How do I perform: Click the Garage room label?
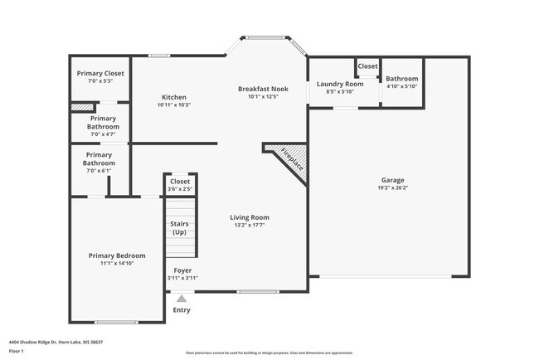point(392,180)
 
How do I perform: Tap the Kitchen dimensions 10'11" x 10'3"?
point(174,105)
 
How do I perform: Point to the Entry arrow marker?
point(182,299)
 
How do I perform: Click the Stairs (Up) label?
point(179,228)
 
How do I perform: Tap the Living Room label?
point(250,217)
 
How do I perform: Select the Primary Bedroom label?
point(117,255)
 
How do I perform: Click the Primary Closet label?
point(100,73)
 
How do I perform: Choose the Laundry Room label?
point(340,84)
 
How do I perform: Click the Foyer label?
point(182,270)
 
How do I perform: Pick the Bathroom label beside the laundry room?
point(402,79)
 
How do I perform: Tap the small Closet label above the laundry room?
point(367,66)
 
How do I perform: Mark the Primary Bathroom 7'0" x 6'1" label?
point(99,158)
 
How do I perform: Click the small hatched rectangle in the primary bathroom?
point(80,107)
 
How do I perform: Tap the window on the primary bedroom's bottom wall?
point(116,322)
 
